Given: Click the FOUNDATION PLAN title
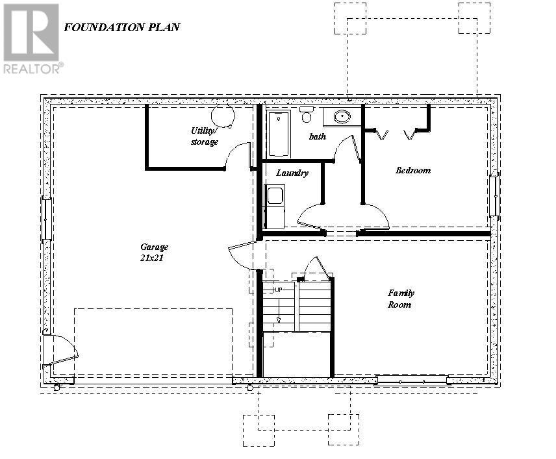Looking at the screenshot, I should pyautogui.click(x=121, y=27).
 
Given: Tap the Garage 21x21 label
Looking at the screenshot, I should pyautogui.click(x=155, y=252).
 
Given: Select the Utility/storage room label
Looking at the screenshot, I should pyautogui.click(x=205, y=136).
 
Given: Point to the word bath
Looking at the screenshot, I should pyautogui.click(x=318, y=136).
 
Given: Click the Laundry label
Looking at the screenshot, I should pyautogui.click(x=292, y=173).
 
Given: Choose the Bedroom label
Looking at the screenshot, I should pyautogui.click(x=413, y=171).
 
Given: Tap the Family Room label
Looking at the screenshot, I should pyautogui.click(x=401, y=299).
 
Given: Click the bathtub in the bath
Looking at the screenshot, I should pyautogui.click(x=279, y=134).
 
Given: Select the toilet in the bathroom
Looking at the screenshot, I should pyautogui.click(x=307, y=115).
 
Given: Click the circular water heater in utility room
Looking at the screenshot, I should pyautogui.click(x=223, y=116).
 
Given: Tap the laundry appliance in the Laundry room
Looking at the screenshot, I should pyautogui.click(x=275, y=206).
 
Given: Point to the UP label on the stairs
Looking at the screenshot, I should pyautogui.click(x=278, y=290).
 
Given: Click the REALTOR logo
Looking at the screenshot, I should pyautogui.click(x=32, y=38).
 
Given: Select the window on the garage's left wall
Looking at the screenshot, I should pyautogui.click(x=46, y=219).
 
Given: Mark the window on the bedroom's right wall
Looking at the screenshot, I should pyautogui.click(x=494, y=195).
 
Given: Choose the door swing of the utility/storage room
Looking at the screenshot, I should pyautogui.click(x=238, y=156).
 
